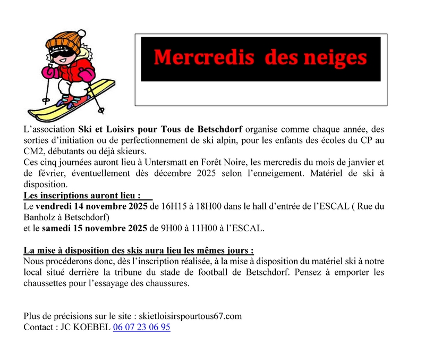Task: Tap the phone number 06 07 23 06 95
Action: [x=141, y=328]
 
